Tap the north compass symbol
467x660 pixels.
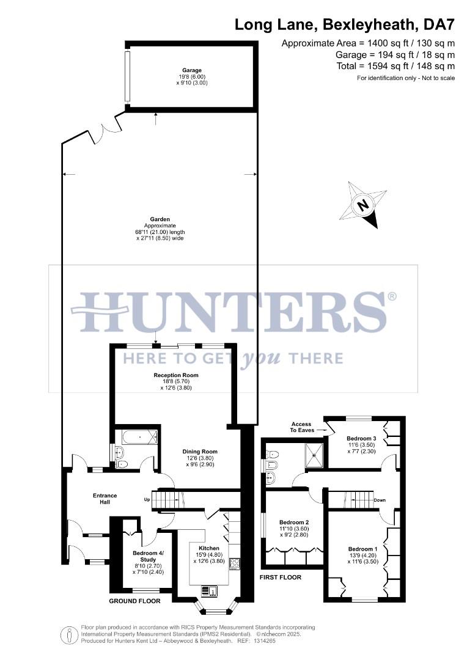tap(364, 205)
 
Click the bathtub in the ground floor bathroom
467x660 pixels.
tap(139, 438)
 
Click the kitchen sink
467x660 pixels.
tap(210, 590)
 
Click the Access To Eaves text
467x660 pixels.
tap(301, 427)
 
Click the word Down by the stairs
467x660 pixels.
tap(380, 501)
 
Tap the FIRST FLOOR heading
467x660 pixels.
tap(281, 577)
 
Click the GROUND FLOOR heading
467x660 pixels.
tap(134, 601)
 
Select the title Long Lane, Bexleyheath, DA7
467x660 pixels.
tap(345, 25)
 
